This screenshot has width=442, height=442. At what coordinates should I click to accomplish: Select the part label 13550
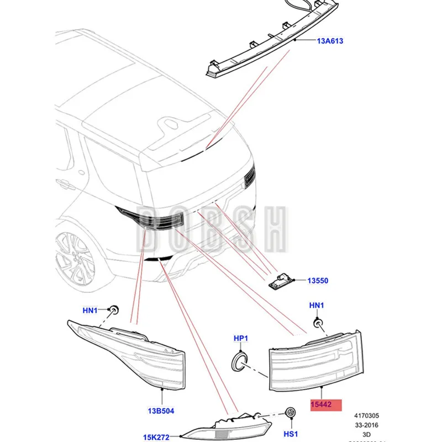(317, 281)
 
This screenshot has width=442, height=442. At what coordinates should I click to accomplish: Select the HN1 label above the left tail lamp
(91, 310)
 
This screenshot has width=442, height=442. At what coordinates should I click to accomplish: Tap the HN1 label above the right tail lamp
(317, 305)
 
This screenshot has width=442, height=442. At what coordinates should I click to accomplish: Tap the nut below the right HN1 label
(318, 323)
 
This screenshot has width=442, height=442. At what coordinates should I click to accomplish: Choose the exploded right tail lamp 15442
(313, 359)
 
